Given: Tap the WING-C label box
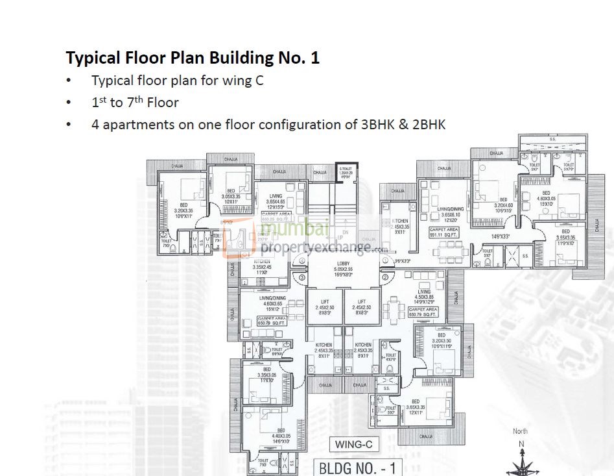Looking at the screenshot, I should click(x=353, y=445).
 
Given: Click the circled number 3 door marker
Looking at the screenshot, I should click(x=302, y=277).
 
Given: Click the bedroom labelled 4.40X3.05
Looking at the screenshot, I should click(x=281, y=436).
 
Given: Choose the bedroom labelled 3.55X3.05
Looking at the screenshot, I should click(x=565, y=235).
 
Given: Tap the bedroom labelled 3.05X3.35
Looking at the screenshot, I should click(x=231, y=198).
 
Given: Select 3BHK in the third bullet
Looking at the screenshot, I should click(x=376, y=124).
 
